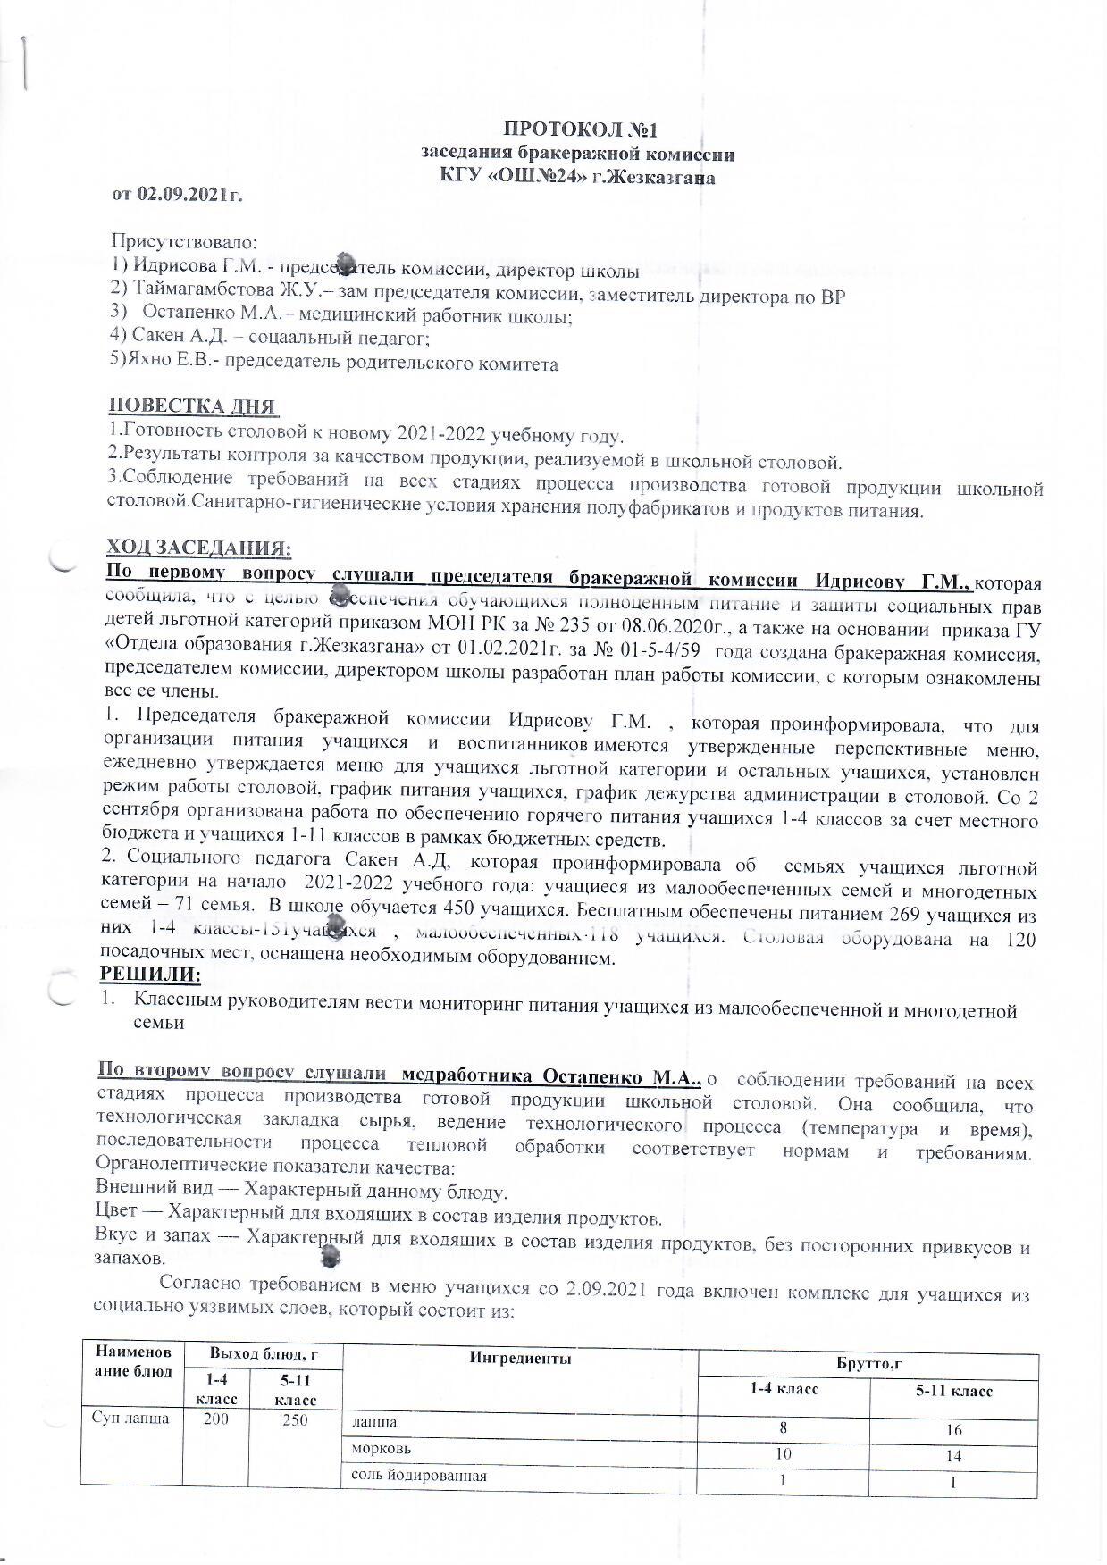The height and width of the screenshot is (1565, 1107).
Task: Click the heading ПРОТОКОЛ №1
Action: click(579, 130)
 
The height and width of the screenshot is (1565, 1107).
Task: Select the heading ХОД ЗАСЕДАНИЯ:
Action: click(198, 547)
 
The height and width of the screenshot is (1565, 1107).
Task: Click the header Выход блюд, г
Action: click(263, 1355)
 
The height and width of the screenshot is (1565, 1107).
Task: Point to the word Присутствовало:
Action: click(183, 241)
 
